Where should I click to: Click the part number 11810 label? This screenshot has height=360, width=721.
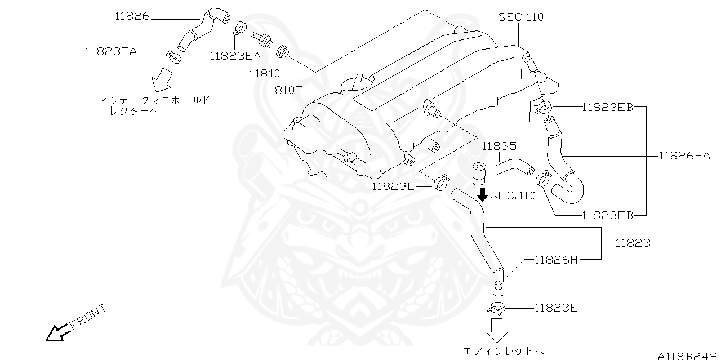(265, 73)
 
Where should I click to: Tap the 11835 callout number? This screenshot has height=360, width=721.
(499, 146)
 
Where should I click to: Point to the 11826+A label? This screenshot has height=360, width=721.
(684, 156)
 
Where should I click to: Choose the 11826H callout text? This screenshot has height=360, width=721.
(556, 260)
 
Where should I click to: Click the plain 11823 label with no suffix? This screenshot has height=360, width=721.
(633, 243)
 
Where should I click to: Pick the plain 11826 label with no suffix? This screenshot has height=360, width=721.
(132, 16)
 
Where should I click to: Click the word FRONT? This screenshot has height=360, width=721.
(88, 317)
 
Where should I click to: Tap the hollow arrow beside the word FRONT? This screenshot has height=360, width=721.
(57, 333)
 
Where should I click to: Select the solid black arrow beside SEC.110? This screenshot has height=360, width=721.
(482, 195)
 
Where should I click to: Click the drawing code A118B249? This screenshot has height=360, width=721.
(689, 355)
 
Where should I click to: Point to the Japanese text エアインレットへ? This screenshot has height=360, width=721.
(503, 351)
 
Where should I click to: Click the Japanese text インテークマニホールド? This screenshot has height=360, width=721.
(154, 100)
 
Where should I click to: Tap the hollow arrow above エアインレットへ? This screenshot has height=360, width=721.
(497, 330)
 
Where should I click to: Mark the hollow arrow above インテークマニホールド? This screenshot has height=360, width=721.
(163, 79)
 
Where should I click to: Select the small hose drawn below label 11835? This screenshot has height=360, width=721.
(501, 170)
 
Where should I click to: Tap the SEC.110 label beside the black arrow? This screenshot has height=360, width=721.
(513, 195)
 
